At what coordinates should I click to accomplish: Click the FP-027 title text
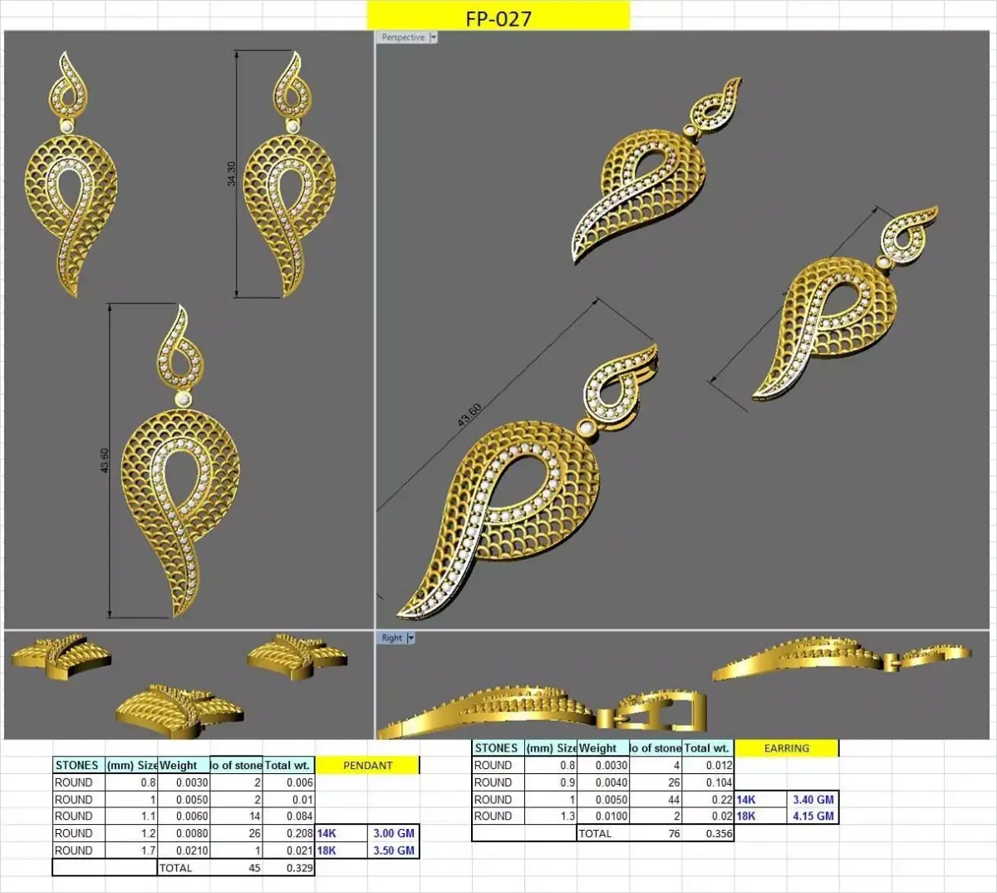498,18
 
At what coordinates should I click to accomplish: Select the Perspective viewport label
402,37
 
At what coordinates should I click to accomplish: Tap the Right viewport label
391,638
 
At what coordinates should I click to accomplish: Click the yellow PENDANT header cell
367,765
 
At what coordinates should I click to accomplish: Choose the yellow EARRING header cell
786,748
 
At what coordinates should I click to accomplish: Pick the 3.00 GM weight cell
393,833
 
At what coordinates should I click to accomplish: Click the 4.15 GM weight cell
813,816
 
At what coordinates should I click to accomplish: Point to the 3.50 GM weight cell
393,851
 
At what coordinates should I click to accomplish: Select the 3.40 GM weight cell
813,799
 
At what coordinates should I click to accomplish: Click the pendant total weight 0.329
299,868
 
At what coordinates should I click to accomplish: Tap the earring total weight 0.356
719,833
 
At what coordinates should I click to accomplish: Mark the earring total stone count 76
673,833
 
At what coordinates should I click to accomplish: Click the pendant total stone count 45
254,868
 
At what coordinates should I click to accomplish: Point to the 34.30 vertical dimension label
232,174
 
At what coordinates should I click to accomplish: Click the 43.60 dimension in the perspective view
469,415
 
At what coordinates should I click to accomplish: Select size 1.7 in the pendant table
148,851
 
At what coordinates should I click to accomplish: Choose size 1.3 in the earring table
567,816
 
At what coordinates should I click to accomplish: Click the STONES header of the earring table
496,748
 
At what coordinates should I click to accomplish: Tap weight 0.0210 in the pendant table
192,851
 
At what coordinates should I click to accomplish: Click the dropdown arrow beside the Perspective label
433,37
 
